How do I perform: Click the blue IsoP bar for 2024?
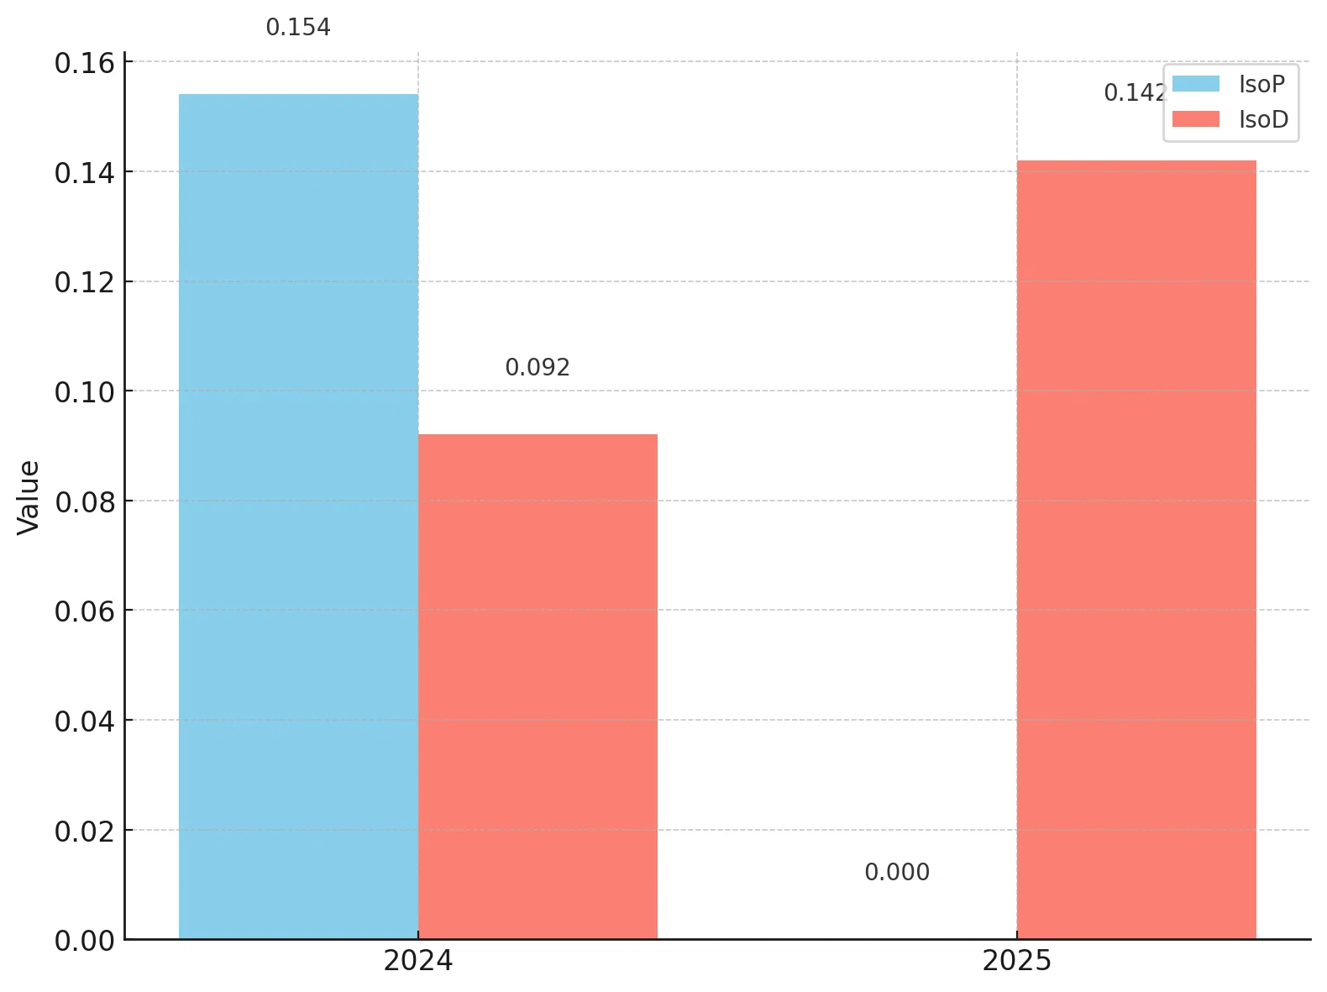point(298,517)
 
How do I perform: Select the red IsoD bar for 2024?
point(538,686)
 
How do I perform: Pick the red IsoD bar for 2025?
point(1136,549)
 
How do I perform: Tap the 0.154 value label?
point(298,27)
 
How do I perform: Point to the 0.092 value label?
point(538,368)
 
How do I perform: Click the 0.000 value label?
point(897,873)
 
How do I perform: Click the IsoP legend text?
point(1261,84)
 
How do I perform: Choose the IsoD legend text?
point(1263,119)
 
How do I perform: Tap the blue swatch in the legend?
point(1196,83)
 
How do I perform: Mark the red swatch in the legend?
point(1196,119)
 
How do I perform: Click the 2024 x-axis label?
point(417,961)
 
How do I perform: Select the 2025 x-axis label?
point(1017,961)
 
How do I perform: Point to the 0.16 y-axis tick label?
point(85,63)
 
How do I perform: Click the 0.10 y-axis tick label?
point(85,392)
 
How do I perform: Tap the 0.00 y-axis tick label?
point(85,942)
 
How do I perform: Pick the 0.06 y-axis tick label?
point(85,611)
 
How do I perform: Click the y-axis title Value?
point(29,497)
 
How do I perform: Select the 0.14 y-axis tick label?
point(85,173)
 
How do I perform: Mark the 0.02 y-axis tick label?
point(85,832)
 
